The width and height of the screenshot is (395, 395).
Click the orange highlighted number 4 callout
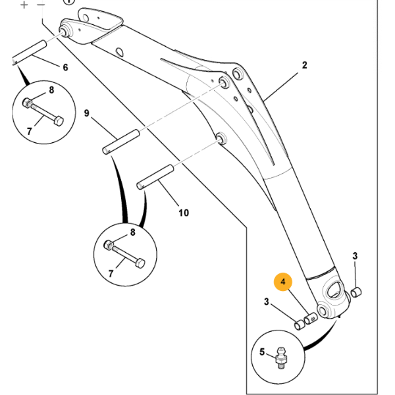click(283, 282)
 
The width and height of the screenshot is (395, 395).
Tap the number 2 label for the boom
click(305, 65)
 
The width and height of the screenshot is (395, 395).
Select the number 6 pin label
click(65, 67)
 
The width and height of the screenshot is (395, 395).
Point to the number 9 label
click(86, 113)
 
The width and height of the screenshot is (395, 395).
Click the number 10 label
click(184, 213)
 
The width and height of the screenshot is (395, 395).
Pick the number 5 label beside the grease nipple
click(262, 352)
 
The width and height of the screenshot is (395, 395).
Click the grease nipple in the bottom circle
click(281, 357)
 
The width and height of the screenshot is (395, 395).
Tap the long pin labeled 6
click(29, 53)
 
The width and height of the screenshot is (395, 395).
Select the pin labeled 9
click(120, 142)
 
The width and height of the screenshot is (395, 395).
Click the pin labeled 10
click(155, 177)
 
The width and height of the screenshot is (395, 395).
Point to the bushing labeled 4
click(311, 319)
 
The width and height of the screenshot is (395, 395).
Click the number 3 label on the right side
click(355, 256)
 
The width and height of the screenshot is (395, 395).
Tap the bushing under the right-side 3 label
click(356, 292)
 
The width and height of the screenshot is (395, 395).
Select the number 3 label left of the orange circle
click(266, 302)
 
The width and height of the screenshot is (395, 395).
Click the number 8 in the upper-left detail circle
click(51, 90)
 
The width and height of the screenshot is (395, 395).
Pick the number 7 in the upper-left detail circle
click(30, 131)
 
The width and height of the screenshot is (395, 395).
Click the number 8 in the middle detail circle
click(133, 232)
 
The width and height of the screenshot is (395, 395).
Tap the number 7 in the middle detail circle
click(111, 274)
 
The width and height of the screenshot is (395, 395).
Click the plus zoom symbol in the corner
click(24, 5)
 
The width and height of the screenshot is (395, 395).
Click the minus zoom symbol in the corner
click(41, 5)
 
